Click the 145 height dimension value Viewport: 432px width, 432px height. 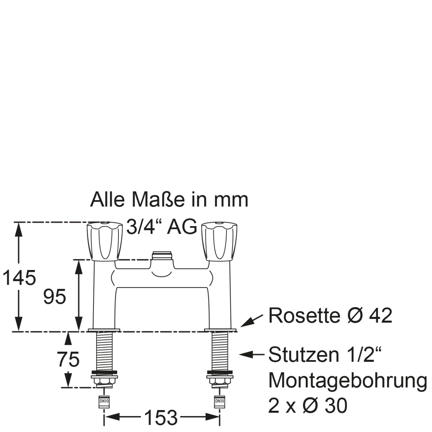click(19, 278)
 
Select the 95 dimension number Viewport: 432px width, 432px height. click(55, 296)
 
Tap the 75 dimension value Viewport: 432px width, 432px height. click(68, 359)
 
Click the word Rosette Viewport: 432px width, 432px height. click(304, 316)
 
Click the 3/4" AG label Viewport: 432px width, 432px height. click(162, 226)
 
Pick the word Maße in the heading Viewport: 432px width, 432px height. click(158, 199)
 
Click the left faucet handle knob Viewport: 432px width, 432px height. click(105, 242)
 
